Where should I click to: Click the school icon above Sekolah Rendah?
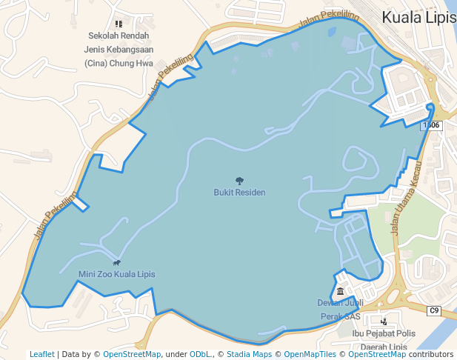[119, 24]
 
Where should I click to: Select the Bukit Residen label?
[239, 193]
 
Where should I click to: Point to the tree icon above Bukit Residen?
[239, 181]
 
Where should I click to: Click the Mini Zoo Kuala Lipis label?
[117, 274]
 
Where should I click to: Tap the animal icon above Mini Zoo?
[117, 262]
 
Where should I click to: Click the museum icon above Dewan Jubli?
[340, 291]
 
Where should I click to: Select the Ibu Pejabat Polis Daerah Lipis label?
[384, 340]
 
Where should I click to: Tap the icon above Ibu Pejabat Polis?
[384, 321]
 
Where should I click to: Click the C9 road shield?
[434, 310]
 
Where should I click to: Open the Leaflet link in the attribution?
[41, 354]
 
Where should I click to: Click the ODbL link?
[200, 354]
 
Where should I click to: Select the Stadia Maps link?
[249, 354]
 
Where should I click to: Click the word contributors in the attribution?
[431, 354]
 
